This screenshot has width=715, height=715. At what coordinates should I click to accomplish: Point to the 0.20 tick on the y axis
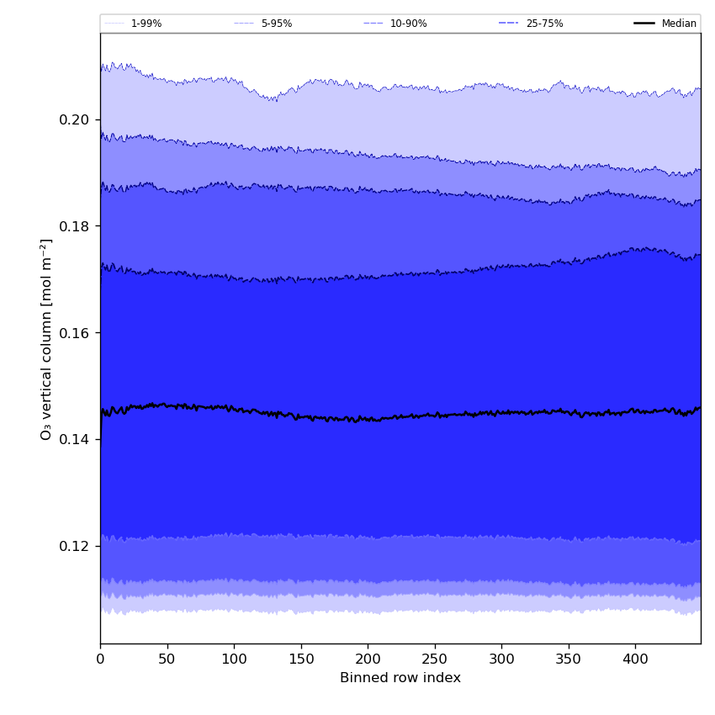[74, 120]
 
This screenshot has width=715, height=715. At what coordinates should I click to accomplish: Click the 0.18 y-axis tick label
[74, 226]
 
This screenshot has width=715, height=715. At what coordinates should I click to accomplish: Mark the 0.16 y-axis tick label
[74, 333]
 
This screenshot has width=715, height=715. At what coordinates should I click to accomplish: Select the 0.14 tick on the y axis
[74, 440]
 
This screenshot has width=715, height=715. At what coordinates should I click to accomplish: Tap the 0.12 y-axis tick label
[74, 546]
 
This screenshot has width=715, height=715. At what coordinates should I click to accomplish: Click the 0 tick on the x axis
[100, 660]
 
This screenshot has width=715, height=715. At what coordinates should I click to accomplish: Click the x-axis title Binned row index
[400, 678]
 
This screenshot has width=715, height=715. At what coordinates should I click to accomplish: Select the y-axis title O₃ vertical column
[46, 338]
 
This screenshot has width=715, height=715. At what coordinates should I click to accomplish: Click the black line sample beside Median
[644, 24]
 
